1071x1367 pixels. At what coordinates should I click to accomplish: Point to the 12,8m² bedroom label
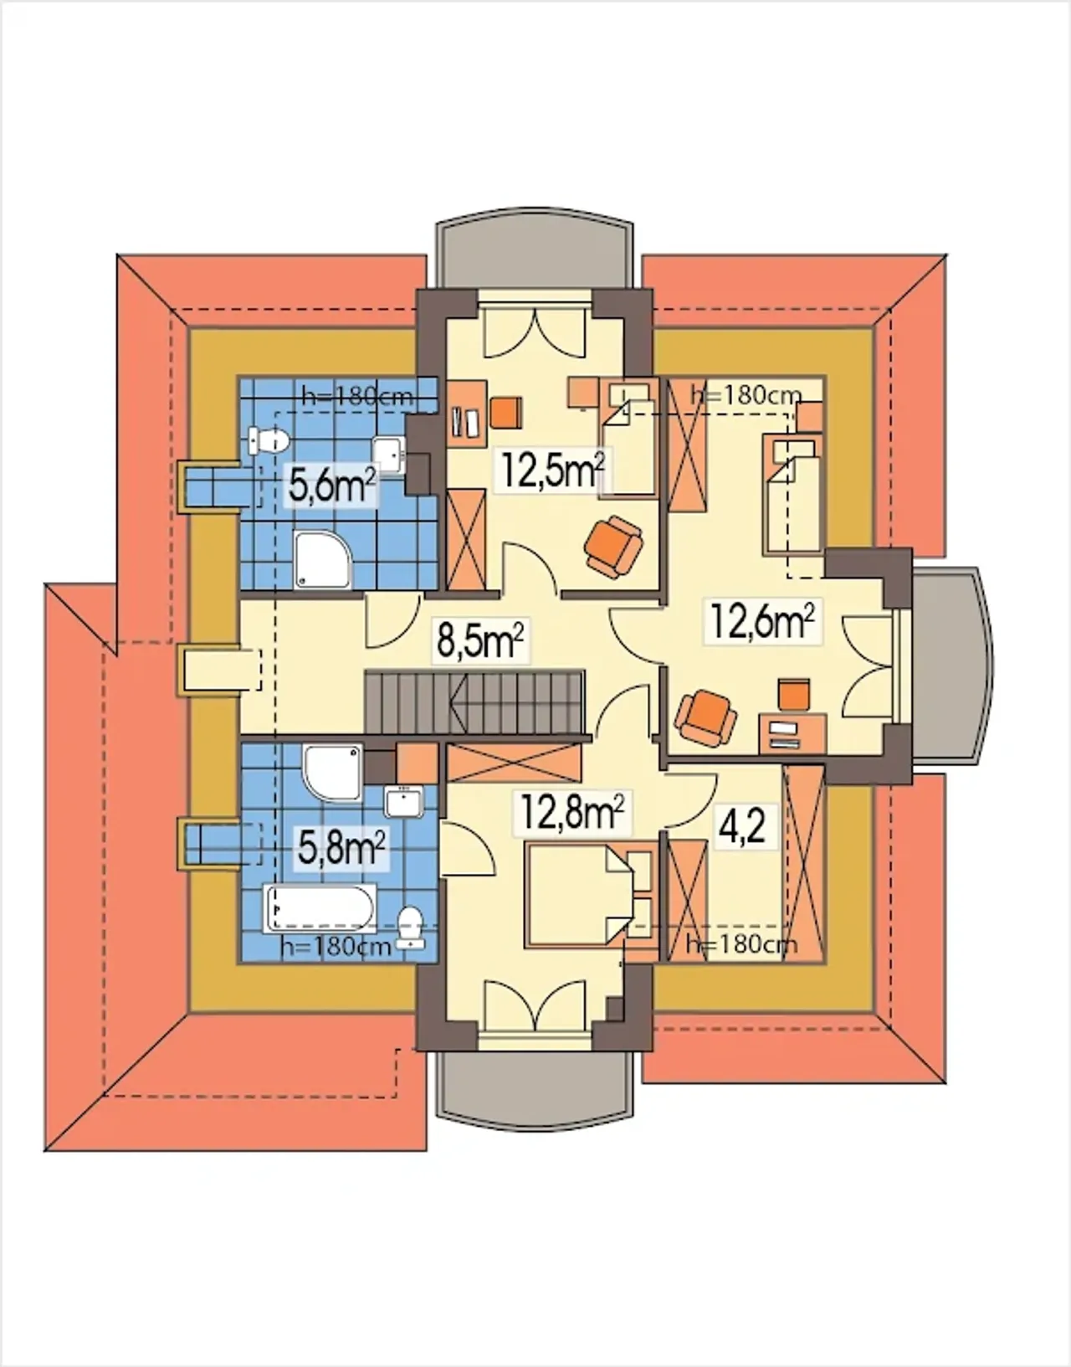(x=571, y=814)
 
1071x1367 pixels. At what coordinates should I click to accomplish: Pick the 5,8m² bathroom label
(x=341, y=848)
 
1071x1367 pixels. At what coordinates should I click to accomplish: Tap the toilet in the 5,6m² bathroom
(x=269, y=441)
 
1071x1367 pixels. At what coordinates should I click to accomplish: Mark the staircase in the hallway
(x=475, y=702)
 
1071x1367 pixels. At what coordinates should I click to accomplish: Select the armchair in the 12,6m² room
(x=705, y=717)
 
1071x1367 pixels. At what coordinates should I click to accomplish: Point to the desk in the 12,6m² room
(x=792, y=733)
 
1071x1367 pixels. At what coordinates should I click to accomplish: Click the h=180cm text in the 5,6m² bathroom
(x=357, y=396)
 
